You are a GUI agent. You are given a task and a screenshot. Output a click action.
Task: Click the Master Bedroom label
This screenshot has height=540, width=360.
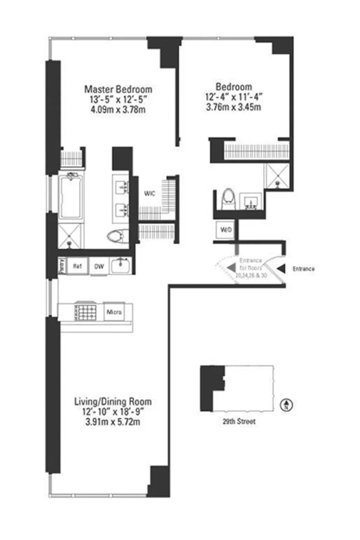[x=118, y=89]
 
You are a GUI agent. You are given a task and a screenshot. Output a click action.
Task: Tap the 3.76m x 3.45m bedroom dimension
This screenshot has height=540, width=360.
[x=233, y=107]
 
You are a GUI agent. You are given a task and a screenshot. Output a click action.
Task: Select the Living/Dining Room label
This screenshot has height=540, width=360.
[x=113, y=402]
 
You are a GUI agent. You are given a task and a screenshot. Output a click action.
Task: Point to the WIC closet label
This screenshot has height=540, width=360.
[x=150, y=194]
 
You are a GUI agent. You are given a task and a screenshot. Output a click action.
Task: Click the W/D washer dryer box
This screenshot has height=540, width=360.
[x=226, y=230]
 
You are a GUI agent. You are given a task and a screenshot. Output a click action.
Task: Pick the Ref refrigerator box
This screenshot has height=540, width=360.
[x=77, y=266]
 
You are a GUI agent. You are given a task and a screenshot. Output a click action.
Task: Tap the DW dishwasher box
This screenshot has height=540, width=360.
[x=99, y=266]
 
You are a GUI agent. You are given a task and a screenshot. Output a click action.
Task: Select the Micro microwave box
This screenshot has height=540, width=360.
[x=114, y=312]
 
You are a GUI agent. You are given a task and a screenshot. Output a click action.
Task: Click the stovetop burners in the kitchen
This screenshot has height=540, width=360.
[x=85, y=312]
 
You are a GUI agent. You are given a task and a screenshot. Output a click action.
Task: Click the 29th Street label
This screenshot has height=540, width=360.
[x=239, y=421]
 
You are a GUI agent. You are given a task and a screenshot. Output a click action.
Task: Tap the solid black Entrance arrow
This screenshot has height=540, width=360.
[x=281, y=269]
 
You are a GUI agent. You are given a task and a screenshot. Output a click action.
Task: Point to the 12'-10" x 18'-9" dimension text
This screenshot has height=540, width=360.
[x=113, y=412]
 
